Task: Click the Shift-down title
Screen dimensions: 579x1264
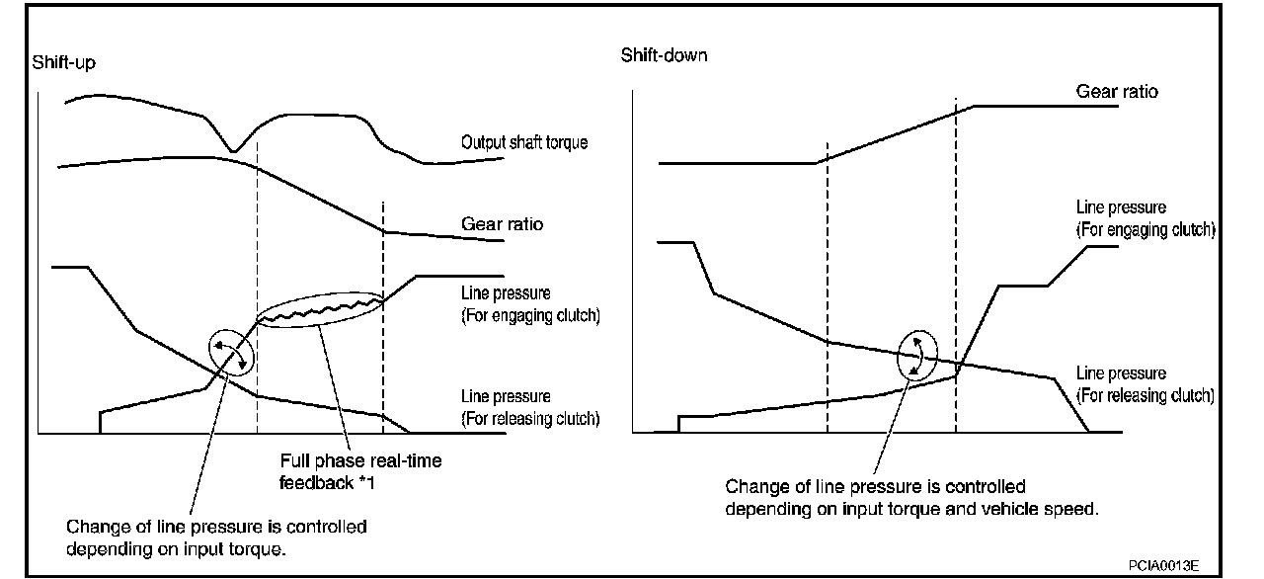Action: (x=664, y=54)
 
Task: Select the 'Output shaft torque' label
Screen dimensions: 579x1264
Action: (x=524, y=142)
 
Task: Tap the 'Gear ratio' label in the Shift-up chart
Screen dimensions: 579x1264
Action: (x=502, y=224)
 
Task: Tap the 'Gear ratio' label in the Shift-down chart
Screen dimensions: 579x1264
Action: (x=1117, y=91)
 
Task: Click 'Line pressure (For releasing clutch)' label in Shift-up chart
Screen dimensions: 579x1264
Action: (x=530, y=407)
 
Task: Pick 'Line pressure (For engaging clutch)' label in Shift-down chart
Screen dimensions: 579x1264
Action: (x=1145, y=218)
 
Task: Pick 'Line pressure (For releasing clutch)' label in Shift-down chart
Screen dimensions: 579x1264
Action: (x=1145, y=384)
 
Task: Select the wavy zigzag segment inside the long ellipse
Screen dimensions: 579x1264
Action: (x=316, y=310)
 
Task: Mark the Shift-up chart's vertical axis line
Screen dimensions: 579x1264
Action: (x=38, y=267)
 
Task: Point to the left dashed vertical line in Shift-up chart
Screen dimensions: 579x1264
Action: (x=257, y=296)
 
